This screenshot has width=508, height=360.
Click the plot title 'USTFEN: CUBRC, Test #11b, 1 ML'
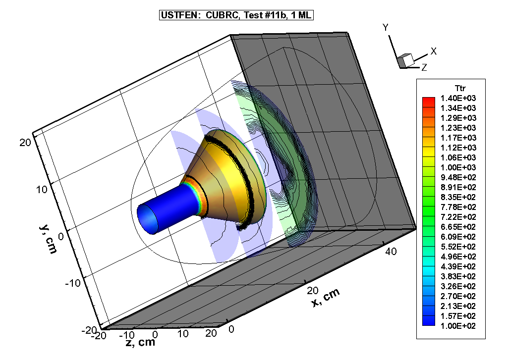click(236, 15)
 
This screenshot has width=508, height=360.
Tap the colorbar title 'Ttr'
click(460, 88)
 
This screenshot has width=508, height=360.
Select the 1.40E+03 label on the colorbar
click(458, 98)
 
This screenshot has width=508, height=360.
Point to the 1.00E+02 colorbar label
click(458, 326)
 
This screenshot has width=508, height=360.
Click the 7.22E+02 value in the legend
click(458, 217)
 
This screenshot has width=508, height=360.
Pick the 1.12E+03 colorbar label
click(458, 148)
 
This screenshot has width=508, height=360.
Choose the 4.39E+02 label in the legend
click(458, 266)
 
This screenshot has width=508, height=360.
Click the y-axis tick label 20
click(25, 142)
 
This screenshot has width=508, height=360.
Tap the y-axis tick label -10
click(72, 283)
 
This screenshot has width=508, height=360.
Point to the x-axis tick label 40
click(391, 252)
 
